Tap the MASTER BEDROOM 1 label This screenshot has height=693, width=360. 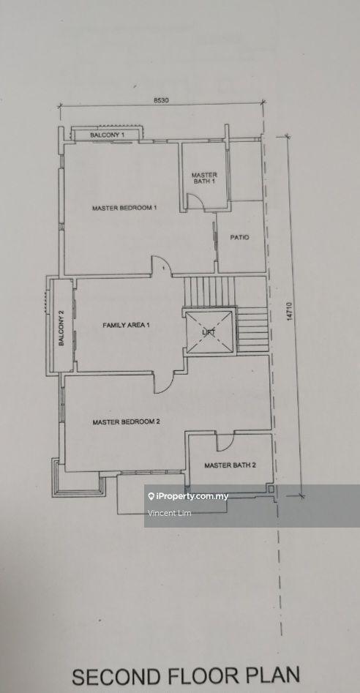124,209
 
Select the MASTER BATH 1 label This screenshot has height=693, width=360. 204,178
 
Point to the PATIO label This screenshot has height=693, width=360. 240,237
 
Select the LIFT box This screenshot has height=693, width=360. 209,331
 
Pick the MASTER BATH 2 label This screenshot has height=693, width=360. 230,465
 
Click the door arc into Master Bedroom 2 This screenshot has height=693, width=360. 164,380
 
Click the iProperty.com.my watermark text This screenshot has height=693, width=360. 191,496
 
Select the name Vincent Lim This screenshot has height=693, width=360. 169,514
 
